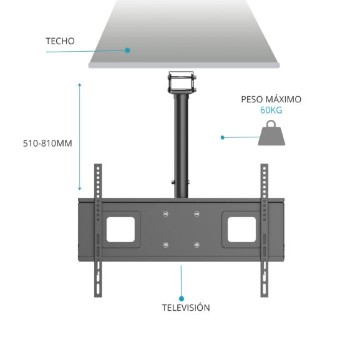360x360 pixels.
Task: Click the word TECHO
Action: tap(60, 41)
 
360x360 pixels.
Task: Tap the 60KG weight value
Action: tap(271, 110)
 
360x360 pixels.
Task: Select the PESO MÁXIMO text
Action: tap(271, 99)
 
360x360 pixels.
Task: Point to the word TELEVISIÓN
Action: tap(186, 308)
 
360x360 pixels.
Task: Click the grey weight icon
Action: tap(273, 134)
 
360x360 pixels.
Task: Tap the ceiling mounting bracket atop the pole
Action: tap(181, 82)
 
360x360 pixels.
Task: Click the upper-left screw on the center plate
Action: tap(165, 215)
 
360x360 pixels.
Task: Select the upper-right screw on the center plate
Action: tap(197, 215)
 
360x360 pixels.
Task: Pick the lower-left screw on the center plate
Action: tap(165, 245)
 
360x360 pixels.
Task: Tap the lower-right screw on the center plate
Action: tap(197, 245)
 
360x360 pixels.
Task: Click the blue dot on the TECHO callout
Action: tap(127, 51)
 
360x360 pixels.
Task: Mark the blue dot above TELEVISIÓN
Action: tap(182, 298)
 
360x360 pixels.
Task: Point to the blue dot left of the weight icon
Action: tap(222, 137)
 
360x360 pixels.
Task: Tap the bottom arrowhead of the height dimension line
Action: tap(80, 189)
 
